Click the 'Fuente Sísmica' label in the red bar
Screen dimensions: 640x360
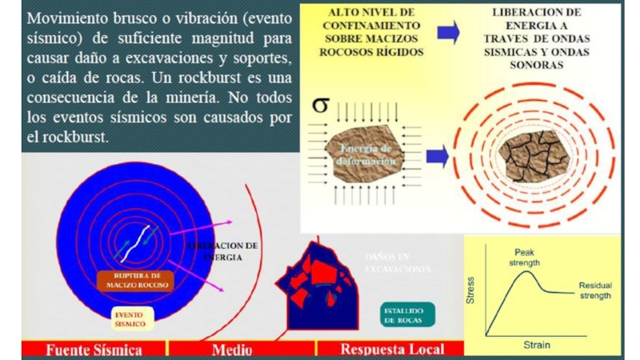[x=94, y=350]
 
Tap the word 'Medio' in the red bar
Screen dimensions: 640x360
[x=231, y=350]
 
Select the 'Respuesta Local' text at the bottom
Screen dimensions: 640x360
[x=389, y=350]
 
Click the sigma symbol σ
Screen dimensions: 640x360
[x=320, y=106]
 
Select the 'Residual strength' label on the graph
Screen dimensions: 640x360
[x=595, y=290]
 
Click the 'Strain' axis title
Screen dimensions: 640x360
[x=537, y=345]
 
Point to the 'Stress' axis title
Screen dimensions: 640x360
[x=471, y=292]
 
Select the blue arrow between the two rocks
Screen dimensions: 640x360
[x=437, y=154]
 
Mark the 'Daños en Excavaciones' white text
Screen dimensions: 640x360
[x=397, y=263]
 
